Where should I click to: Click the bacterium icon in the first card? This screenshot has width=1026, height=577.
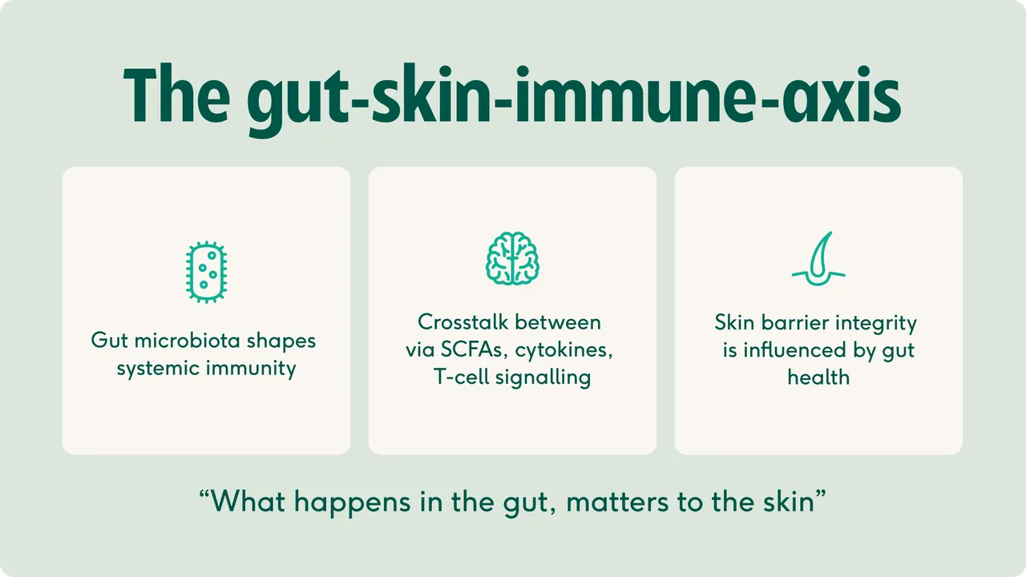(x=206, y=272)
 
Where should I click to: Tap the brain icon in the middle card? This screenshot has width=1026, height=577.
(x=512, y=258)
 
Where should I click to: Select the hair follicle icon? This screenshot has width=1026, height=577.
(x=818, y=259)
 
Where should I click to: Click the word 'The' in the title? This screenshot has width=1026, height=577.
(x=176, y=95)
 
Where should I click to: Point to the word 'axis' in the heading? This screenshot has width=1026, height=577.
(x=841, y=95)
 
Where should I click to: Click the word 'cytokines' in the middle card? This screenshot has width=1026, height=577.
(x=563, y=351)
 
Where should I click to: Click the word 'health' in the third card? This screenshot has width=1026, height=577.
(x=818, y=377)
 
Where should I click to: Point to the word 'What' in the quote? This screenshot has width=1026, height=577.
(x=248, y=502)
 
